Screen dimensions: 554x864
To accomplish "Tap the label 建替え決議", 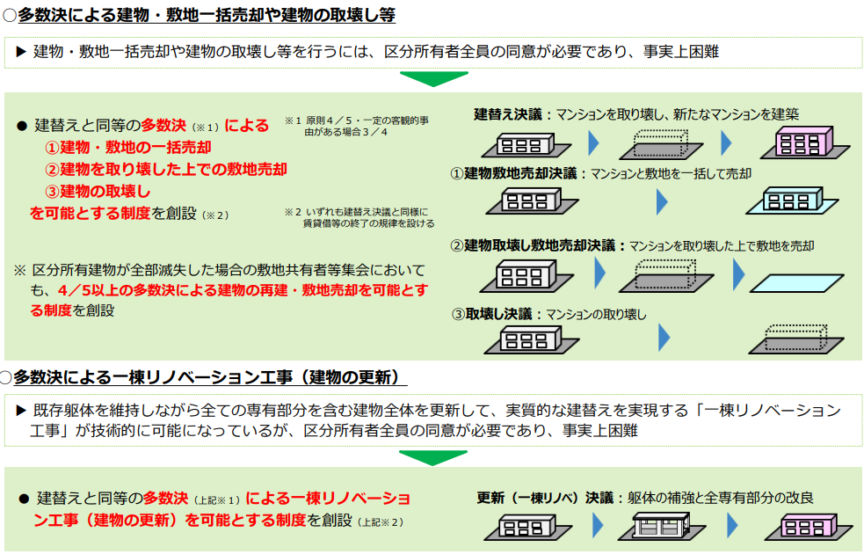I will point(508,114).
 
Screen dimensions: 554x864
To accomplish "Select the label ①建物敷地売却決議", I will point(519,173).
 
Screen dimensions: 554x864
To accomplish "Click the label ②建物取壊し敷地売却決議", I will point(537,245).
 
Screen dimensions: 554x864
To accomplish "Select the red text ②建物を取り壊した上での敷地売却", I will point(166,169).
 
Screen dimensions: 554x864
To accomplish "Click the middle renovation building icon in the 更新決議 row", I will point(665,527).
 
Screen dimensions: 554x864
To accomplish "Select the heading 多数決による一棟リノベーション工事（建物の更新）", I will point(207,378).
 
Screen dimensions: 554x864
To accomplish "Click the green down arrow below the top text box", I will point(432,79).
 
